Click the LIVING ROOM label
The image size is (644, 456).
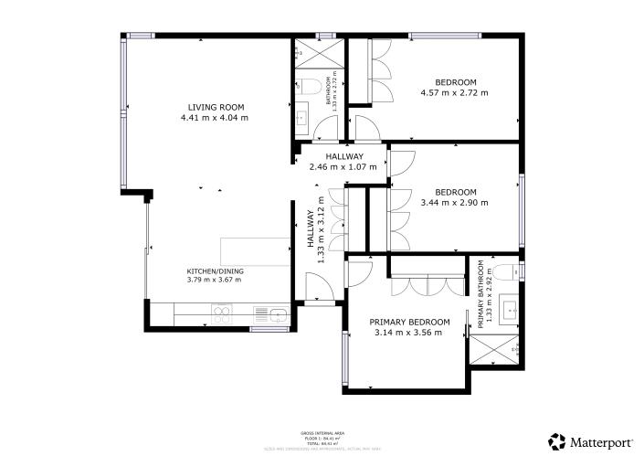point(214,107)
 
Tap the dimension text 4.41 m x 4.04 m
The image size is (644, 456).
point(214,118)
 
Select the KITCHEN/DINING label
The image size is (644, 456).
point(215,271)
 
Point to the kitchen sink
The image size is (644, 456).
point(277,315)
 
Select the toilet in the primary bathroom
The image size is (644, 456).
point(507,270)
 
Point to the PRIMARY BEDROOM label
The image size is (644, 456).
point(408,323)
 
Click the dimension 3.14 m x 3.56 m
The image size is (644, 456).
point(408,334)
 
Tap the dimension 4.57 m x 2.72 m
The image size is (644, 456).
point(454,92)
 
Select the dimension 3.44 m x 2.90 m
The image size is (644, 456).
point(454,203)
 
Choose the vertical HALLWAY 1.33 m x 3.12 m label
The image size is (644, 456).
point(315,230)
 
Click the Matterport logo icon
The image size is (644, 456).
point(555,442)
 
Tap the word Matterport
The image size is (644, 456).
point(602,442)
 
